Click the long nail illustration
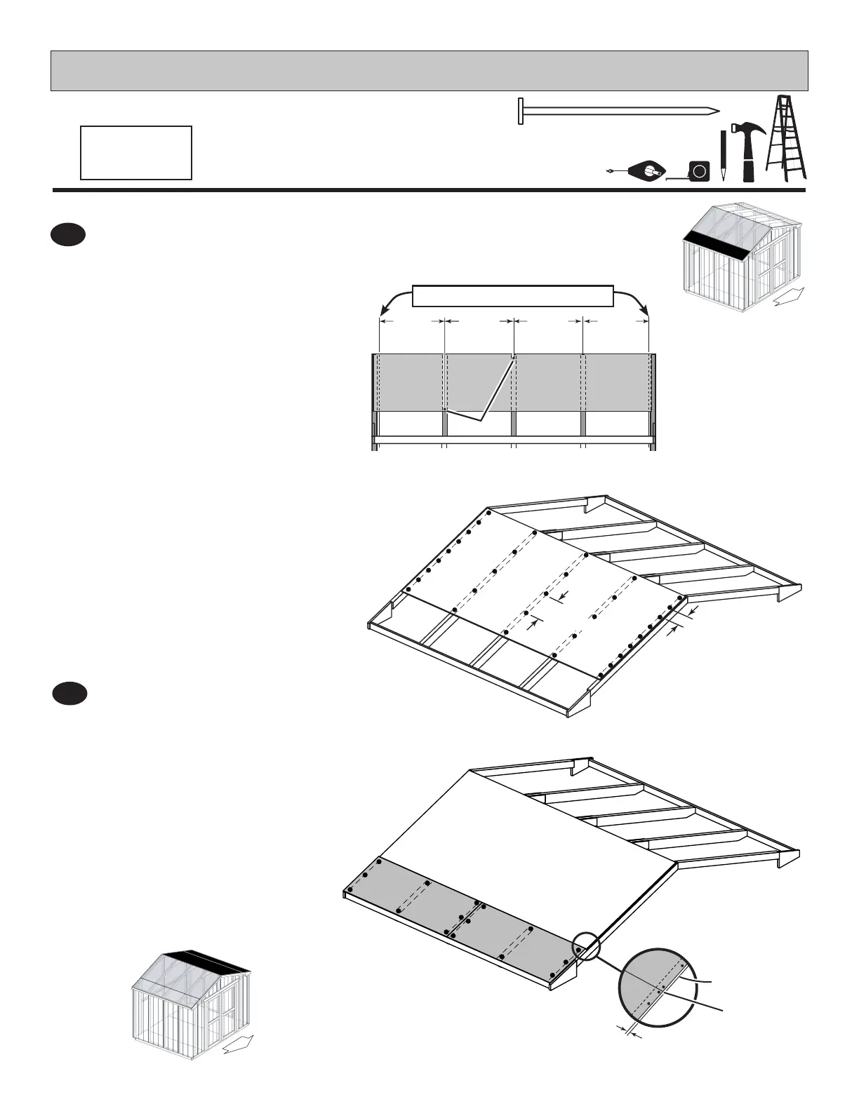pyautogui.click(x=618, y=111)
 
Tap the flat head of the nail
pyautogui.click(x=521, y=111)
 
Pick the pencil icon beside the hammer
pyautogui.click(x=723, y=156)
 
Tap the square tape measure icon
pyautogui.click(x=699, y=171)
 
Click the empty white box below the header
pyautogui.click(x=136, y=153)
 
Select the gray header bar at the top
pyautogui.click(x=429, y=71)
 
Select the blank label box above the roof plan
pyautogui.click(x=513, y=296)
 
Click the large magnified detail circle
pyautogui.click(x=658, y=986)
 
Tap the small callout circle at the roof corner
pyautogui.click(x=586, y=945)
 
